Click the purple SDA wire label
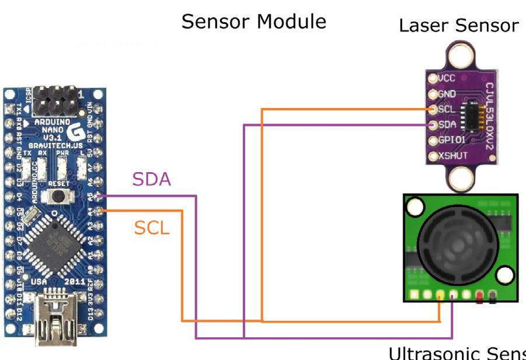coord(152,179)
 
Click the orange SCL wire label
coord(152,228)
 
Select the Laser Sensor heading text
coord(458,25)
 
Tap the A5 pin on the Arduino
coord(99,197)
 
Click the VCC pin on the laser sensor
coord(433,78)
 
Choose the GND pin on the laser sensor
coord(433,94)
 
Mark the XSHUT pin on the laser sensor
coord(433,156)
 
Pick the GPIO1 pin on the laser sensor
coord(433,141)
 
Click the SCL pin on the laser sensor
coord(433,109)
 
